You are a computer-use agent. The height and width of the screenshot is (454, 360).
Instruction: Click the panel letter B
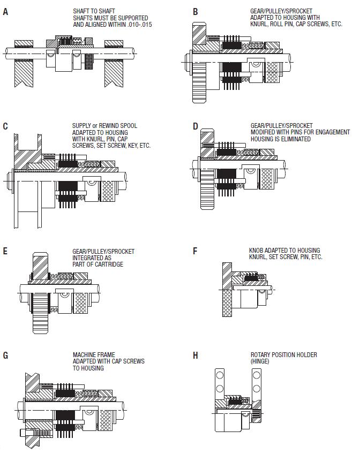(x=196, y=11)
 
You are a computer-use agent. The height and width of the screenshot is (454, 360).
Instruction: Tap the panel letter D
(x=196, y=127)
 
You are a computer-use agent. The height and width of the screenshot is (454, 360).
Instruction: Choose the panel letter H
(x=196, y=355)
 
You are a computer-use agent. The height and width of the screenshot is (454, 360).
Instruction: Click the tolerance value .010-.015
(x=138, y=25)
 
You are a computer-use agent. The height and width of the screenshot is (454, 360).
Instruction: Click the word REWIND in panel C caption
(x=103, y=126)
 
